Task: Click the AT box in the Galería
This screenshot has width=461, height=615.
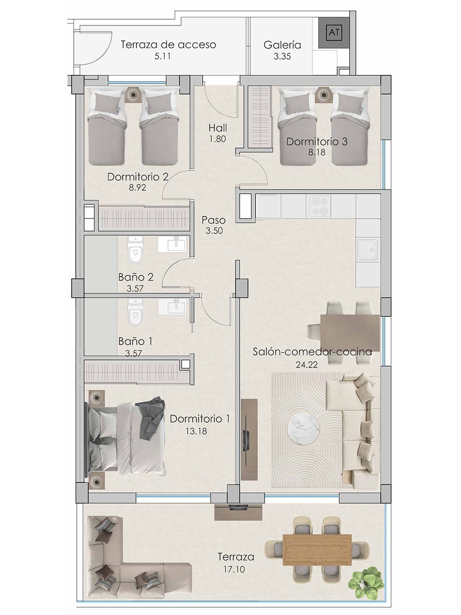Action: click(x=333, y=33)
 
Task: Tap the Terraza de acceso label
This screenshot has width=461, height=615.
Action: click(x=168, y=45)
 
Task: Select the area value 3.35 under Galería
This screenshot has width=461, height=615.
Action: click(x=282, y=56)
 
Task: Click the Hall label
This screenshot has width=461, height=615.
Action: click(x=218, y=128)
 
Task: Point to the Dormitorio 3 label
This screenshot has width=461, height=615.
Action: click(x=317, y=142)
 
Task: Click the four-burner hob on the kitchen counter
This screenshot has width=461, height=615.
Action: click(x=319, y=206)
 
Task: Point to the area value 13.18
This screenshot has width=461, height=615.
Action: click(x=196, y=431)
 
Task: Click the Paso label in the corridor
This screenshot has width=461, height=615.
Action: click(x=214, y=220)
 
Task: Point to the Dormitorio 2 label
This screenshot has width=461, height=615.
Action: click(x=138, y=176)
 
